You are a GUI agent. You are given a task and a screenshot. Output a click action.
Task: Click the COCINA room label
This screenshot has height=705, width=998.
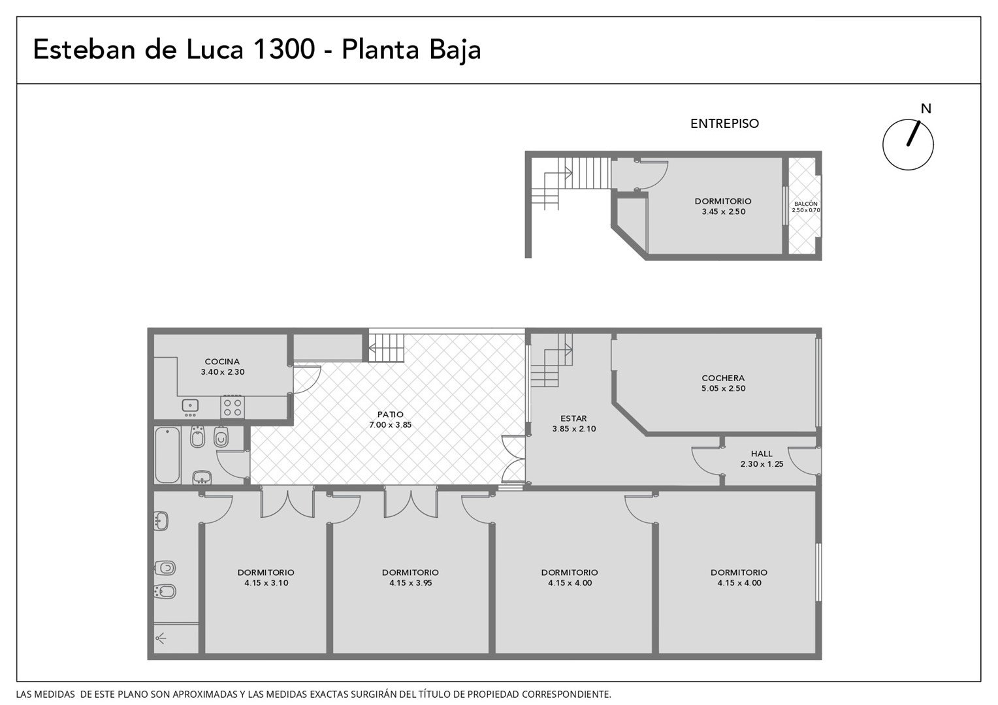222,362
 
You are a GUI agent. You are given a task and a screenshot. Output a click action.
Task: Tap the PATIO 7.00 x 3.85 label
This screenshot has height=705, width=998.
391,420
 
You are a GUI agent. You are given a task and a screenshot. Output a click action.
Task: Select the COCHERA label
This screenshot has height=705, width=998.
723,379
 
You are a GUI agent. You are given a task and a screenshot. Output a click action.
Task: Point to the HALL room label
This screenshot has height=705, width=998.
762,454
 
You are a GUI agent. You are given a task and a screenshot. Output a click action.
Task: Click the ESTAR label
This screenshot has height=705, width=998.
573,418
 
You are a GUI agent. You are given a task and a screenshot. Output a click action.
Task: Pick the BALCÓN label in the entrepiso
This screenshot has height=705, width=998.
805,204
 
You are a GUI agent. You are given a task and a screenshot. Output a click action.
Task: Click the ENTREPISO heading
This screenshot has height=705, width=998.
724,123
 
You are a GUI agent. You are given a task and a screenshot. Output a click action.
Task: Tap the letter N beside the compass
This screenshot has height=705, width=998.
926,108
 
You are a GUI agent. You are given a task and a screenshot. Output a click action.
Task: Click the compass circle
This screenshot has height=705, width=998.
884,145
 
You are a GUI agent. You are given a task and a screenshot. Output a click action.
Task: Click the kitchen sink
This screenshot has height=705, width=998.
190,406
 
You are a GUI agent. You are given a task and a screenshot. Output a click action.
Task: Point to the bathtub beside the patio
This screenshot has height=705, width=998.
167,455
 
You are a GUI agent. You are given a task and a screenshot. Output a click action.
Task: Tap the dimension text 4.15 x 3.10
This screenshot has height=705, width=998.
266,583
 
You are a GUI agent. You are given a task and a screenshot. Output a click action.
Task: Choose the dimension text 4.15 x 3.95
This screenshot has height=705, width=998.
410,583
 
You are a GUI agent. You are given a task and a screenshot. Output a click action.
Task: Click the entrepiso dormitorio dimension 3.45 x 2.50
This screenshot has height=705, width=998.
724,212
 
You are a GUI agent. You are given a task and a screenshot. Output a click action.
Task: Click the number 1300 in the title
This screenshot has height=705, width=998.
284,49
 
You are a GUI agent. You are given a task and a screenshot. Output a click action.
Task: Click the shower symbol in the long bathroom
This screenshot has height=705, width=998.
161,639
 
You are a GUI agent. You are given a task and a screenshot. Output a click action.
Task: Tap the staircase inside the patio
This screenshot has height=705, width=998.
387,349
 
